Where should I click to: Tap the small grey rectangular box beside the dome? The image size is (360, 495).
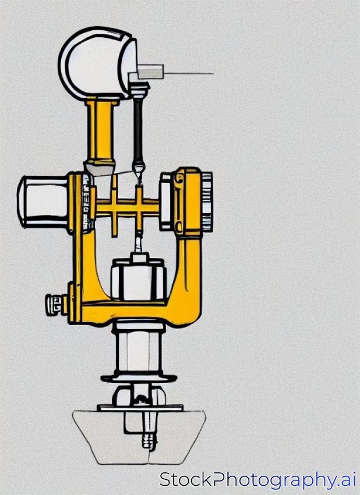(151, 72)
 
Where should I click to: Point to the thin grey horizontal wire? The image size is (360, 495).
(189, 73)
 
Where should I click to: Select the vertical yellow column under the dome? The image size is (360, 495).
(101, 133)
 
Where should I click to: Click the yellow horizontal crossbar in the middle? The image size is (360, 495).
(126, 208)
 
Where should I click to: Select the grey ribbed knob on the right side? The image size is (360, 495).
(207, 202)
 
